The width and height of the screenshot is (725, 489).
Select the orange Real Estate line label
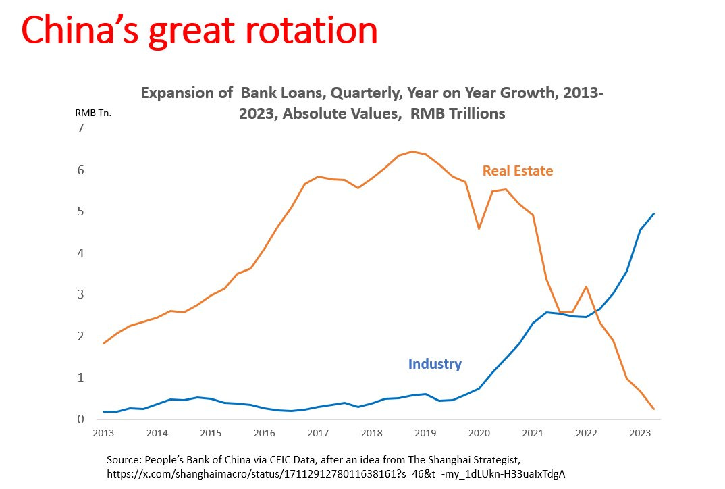click(517, 171)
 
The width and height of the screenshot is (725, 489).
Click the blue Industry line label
click(435, 364)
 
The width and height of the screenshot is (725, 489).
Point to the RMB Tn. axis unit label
click(93, 113)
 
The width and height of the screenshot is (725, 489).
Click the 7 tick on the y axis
click(81, 128)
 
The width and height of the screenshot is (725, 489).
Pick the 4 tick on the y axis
click(81, 253)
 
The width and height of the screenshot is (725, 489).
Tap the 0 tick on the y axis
click(81, 419)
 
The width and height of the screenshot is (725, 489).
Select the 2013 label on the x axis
click(104, 432)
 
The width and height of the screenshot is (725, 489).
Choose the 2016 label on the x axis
click(264, 432)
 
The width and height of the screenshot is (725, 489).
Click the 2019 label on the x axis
click(425, 432)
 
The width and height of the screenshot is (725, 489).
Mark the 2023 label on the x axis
click(638, 432)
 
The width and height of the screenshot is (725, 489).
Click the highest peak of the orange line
click(412, 151)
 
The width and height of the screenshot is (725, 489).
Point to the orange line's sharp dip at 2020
click(479, 228)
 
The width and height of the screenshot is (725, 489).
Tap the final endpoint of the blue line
click(653, 213)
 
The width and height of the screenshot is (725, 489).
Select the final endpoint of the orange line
click(653, 409)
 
